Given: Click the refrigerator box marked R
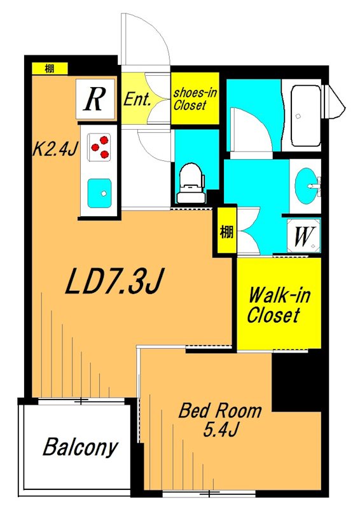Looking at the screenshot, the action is [x=95, y=99].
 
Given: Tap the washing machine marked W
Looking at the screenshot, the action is [x=303, y=235].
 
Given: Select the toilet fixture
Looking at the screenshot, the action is [x=191, y=183].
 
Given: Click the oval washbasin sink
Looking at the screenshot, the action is [x=306, y=186].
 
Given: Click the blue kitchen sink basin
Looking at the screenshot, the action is [x=99, y=193].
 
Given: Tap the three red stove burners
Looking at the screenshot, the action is [x=100, y=147].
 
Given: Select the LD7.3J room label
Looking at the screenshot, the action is [x=114, y=281].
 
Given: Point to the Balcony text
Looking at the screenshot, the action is [x=80, y=447].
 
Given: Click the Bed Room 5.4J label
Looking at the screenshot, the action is [x=221, y=419].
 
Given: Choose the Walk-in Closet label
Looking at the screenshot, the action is [x=278, y=305].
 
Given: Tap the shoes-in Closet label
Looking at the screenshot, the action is [x=195, y=99].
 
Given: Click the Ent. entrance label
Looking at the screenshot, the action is [x=137, y=99].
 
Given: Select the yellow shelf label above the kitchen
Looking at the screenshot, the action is [x=50, y=69].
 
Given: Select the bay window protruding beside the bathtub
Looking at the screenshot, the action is [x=333, y=101].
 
